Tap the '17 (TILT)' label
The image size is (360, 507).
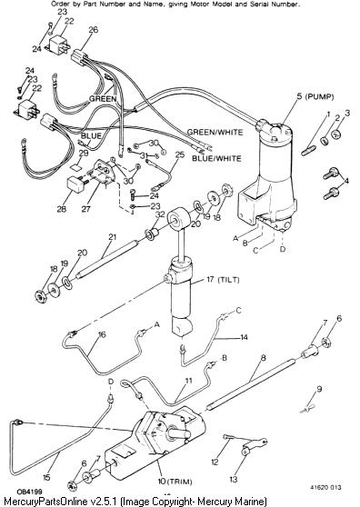click(223, 279)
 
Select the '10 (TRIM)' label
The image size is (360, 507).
click(175, 482)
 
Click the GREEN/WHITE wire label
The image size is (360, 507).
click(215, 132)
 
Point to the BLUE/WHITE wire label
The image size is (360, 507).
click(216, 158)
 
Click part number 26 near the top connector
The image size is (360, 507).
click(93, 30)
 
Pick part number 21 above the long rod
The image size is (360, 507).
click(112, 237)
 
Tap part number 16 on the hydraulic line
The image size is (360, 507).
click(102, 334)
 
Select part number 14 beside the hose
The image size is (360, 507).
click(244, 337)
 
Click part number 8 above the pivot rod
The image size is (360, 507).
click(264, 358)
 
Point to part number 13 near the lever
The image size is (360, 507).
click(234, 479)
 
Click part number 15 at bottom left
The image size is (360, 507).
click(46, 477)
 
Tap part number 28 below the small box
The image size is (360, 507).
click(62, 209)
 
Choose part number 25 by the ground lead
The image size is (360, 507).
click(180, 154)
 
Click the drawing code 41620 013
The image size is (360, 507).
click(325, 487)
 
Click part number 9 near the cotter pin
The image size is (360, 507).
click(319, 389)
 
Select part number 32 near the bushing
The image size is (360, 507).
click(160, 214)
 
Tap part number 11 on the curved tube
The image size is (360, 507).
click(188, 381)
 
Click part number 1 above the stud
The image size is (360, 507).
click(328, 114)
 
